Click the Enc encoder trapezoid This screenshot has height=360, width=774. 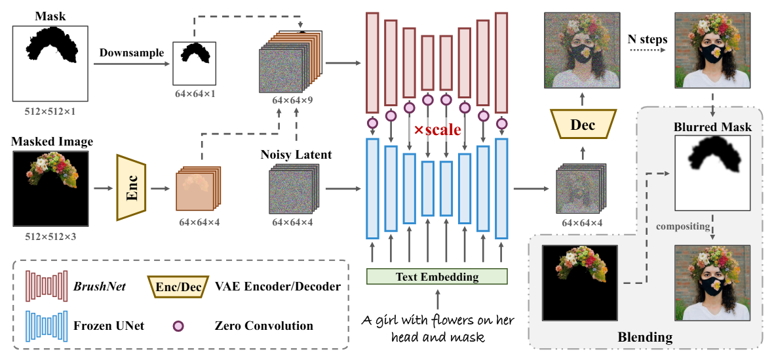(x=131, y=188)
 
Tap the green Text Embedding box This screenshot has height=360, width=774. (x=437, y=277)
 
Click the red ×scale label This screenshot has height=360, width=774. (x=437, y=130)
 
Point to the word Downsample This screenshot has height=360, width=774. (x=131, y=53)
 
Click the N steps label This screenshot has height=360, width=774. (x=648, y=39)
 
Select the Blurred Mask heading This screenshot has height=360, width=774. (x=712, y=127)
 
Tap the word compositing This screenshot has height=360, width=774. (x=683, y=227)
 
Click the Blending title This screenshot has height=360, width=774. (x=645, y=338)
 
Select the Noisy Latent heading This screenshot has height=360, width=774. (x=296, y=155)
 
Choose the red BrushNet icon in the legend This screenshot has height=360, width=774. (x=46, y=286)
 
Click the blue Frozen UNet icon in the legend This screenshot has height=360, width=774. (x=46, y=326)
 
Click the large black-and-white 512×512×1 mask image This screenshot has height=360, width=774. (x=50, y=64)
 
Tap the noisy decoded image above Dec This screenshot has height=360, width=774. (x=581, y=51)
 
